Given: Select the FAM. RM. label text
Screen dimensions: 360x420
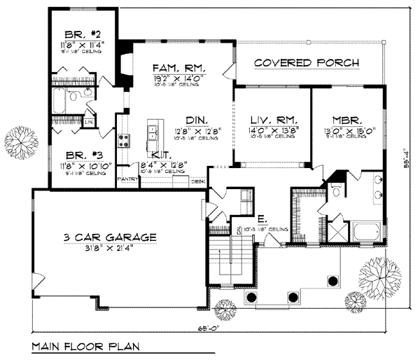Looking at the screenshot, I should click(178, 67).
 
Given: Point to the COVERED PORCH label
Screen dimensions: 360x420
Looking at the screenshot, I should click(307, 63).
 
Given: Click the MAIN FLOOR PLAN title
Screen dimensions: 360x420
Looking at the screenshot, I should click(85, 346).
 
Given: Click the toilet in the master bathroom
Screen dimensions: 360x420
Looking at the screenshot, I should click(337, 190).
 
